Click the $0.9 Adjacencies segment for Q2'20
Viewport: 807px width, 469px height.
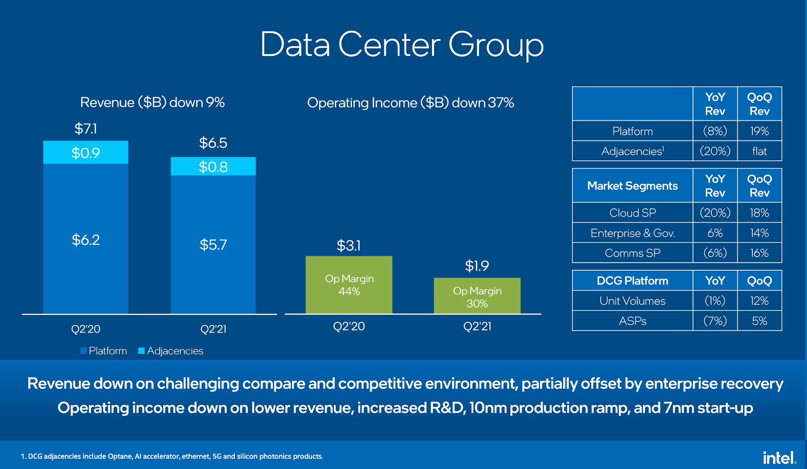click(86, 153)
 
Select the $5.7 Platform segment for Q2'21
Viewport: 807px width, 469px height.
click(213, 245)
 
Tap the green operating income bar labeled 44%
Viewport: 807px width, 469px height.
click(349, 285)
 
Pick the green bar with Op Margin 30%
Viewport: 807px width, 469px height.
click(477, 296)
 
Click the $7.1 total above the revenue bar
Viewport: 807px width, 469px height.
click(86, 129)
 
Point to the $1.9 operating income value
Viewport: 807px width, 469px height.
click(477, 266)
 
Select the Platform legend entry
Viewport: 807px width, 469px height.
click(104, 351)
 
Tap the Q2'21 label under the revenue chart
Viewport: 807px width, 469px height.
click(213, 329)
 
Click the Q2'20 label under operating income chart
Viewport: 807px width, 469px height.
click(349, 326)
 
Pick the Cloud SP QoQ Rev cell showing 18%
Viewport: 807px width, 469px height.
click(759, 213)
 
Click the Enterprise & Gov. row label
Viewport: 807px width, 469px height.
click(632, 233)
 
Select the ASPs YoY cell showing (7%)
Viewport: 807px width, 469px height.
click(715, 321)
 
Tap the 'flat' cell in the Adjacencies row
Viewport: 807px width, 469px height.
click(759, 151)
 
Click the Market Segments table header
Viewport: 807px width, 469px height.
click(632, 186)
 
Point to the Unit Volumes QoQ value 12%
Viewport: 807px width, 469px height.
click(759, 301)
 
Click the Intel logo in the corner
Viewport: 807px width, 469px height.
click(779, 458)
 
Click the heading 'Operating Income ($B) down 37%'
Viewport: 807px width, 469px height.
click(410, 103)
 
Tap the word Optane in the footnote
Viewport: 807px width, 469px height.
click(120, 456)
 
